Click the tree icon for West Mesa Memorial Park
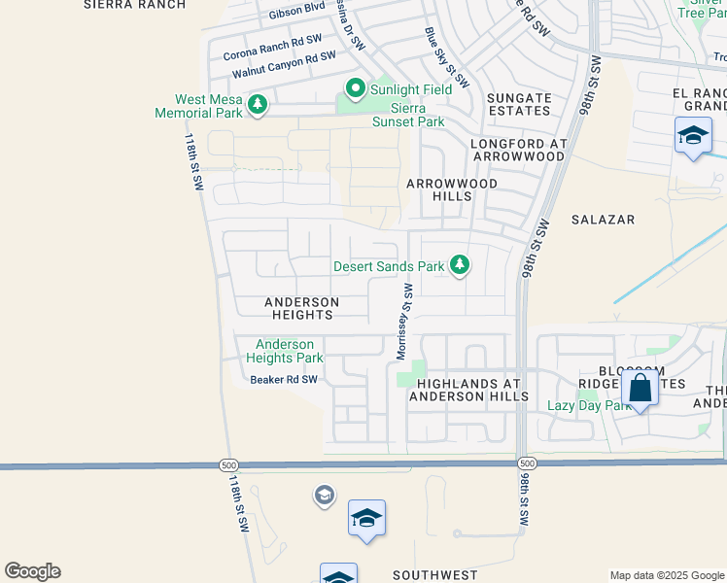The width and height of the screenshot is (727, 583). tap(258, 104)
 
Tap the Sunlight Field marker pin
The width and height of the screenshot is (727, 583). tap(355, 90)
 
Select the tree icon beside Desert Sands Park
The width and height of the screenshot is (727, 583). tap(460, 265)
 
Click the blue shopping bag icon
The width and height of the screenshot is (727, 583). tap(640, 389)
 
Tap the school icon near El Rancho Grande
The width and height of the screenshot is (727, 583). tap(693, 136)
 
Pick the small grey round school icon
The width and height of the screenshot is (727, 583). tap(324, 497)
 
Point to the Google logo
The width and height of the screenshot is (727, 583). tap(32, 571)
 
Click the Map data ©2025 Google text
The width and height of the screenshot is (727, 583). tap(666, 575)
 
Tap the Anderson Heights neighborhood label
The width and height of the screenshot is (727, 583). tap(302, 308)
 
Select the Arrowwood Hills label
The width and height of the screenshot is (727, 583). tap(452, 189)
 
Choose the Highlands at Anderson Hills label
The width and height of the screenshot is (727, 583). tap(468, 390)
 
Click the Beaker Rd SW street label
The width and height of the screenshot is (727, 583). tap(284, 380)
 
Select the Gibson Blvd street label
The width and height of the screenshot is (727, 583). tap(296, 9)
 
